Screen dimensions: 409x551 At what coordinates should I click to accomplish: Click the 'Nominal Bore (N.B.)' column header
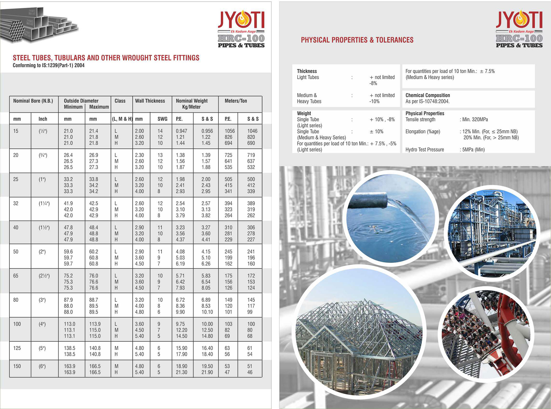(33, 101)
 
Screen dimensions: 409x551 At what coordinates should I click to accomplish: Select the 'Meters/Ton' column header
(236, 101)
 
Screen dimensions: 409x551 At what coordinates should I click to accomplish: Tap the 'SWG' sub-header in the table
(162, 119)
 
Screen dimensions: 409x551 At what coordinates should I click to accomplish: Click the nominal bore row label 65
(16, 276)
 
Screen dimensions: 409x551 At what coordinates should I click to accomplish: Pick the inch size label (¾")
(43, 155)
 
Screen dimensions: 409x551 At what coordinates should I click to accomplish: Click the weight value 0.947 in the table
(181, 131)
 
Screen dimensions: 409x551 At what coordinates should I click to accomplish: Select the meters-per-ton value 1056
(229, 131)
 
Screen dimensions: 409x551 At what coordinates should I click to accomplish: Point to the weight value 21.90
(207, 372)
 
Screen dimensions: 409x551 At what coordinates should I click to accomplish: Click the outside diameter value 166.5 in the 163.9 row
(95, 366)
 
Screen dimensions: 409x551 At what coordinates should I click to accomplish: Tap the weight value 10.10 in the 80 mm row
(207, 312)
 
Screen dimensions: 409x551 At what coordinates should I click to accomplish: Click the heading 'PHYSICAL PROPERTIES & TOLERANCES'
(357, 40)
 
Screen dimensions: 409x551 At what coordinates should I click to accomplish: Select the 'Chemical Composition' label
(428, 95)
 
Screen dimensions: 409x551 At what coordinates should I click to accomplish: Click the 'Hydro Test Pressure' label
(425, 150)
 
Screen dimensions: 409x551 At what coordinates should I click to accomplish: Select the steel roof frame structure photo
(358, 331)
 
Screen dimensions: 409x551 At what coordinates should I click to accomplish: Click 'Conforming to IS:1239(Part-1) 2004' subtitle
(48, 65)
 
